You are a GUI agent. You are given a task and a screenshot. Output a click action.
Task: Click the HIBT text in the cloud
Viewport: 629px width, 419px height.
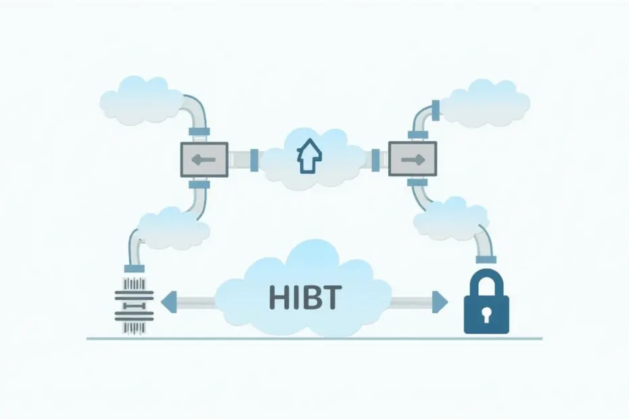point(305,297)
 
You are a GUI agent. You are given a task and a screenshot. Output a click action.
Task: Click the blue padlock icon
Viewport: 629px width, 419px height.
point(486,301)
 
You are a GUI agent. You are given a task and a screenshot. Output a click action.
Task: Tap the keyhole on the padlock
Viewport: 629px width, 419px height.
point(486,316)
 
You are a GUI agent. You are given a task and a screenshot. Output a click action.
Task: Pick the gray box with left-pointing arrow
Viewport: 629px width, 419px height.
point(204,159)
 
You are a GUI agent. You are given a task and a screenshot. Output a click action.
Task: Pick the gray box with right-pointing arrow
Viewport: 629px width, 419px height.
point(413,159)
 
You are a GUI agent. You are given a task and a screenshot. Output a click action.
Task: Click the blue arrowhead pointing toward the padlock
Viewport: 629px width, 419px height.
point(440,301)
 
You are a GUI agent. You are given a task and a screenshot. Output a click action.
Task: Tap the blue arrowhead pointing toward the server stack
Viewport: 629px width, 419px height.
point(168,302)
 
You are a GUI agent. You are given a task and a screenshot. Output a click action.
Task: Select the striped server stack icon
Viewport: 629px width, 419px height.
point(134,305)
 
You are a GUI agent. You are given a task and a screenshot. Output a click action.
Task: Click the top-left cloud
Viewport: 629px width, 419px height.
point(139,100)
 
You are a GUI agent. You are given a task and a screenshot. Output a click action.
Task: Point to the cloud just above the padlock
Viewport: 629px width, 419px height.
point(449,220)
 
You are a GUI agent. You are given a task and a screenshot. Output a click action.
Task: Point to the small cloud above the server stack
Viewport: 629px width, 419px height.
point(174,228)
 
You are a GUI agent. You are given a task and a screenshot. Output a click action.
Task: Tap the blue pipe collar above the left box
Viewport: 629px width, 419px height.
point(199,132)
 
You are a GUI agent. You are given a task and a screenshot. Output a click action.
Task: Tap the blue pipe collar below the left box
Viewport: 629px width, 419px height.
point(199,184)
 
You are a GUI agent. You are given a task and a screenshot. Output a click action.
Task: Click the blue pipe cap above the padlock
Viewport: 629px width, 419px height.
point(486,260)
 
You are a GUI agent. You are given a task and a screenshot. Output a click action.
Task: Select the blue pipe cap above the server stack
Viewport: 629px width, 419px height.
point(135,269)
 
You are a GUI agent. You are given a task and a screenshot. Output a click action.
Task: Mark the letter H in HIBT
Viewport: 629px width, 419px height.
point(277,297)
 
